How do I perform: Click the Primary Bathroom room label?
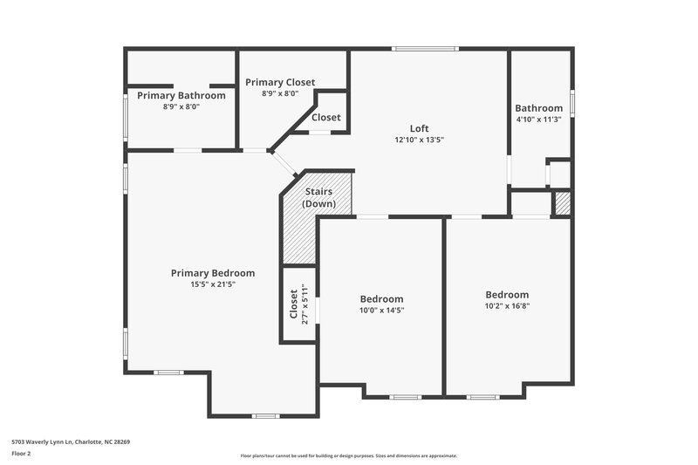pyautogui.click(x=181, y=95)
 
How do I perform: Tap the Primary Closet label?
pyautogui.click(x=280, y=82)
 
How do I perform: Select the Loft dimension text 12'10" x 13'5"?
pyautogui.click(x=419, y=139)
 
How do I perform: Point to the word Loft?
pyautogui.click(x=419, y=128)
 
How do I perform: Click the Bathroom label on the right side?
pyautogui.click(x=538, y=108)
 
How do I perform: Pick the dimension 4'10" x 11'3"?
pyautogui.click(x=538, y=120)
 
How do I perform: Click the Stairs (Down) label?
pyautogui.click(x=318, y=197)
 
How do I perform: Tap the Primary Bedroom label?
pyautogui.click(x=213, y=273)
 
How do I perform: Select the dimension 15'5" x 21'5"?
pyautogui.click(x=213, y=284)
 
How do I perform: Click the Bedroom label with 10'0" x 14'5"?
pyautogui.click(x=381, y=298)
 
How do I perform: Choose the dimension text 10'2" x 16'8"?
pyautogui.click(x=507, y=305)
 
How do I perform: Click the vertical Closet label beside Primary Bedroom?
pyautogui.click(x=293, y=304)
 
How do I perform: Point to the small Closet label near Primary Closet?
pyautogui.click(x=326, y=118)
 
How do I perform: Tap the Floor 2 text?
pyautogui.click(x=21, y=454)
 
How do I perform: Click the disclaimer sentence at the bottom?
pyautogui.click(x=348, y=455)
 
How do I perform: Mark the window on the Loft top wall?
pyautogui.click(x=425, y=48)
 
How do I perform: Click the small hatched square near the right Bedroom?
pyautogui.click(x=563, y=203)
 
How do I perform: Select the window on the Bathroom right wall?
pyautogui.click(x=572, y=102)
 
